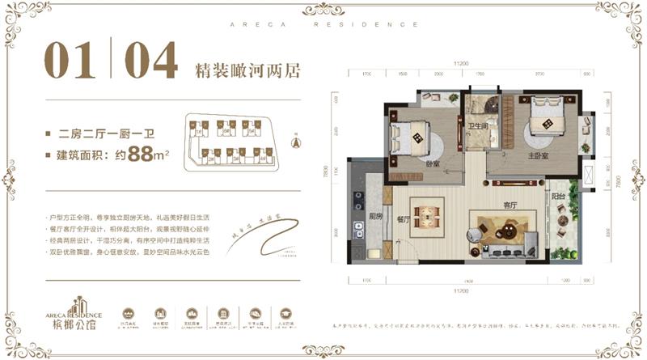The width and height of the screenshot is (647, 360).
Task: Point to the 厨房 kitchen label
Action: coord(375,216)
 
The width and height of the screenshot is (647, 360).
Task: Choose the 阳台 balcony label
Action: coord(558,197)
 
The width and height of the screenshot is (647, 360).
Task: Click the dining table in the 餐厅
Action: coord(426,218)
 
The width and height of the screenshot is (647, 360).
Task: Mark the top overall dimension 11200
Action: coord(462,61)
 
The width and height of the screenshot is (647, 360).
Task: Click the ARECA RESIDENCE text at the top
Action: coord(323,25)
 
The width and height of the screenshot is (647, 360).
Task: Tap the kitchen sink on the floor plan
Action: coord(356,226)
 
